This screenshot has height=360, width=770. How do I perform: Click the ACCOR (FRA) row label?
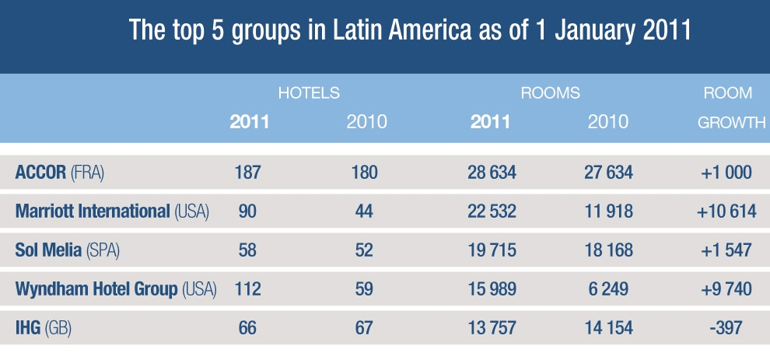pyautogui.click(x=60, y=172)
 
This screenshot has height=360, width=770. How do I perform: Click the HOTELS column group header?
pyautogui.click(x=309, y=93)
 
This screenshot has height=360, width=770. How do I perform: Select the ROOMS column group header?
pyautogui.click(x=551, y=93)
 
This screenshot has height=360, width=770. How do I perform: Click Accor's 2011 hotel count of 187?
pyautogui.click(x=248, y=172)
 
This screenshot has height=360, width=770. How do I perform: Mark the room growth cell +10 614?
pyautogui.click(x=728, y=211)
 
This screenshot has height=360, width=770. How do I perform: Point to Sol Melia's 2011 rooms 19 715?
pyautogui.click(x=488, y=250)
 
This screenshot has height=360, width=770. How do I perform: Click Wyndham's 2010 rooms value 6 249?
pyautogui.click(x=609, y=290)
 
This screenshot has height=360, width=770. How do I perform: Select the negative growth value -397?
pyautogui.click(x=728, y=329)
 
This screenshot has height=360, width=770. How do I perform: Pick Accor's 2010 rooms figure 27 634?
pyautogui.click(x=609, y=172)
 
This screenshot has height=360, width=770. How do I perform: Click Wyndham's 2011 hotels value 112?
pyautogui.click(x=248, y=290)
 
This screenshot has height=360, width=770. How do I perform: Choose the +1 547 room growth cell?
pyautogui.click(x=728, y=250)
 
